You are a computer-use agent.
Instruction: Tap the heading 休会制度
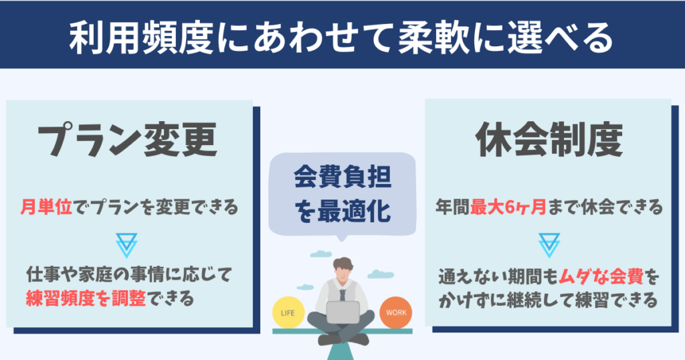point(549,142)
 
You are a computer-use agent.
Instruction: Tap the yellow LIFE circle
point(289,312)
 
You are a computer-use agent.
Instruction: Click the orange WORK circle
point(396,312)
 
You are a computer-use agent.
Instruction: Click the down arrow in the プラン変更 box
point(126,246)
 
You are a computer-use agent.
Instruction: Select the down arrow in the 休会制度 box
point(548,246)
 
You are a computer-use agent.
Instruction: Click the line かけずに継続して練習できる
point(548,298)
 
